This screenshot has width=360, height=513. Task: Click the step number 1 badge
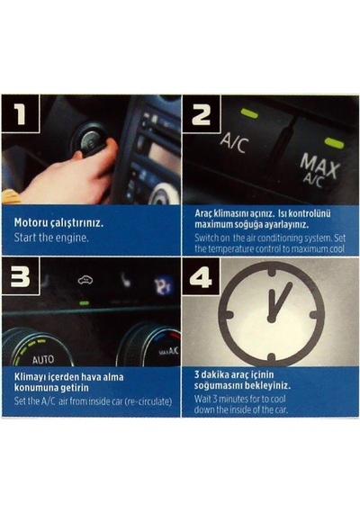(x=21, y=113)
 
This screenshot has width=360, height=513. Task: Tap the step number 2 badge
(x=202, y=113)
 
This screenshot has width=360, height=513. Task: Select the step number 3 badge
(x=21, y=276)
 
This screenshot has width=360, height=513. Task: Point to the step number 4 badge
(x=202, y=276)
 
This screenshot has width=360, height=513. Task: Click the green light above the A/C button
(x=249, y=113)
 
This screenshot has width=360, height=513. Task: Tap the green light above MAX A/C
(x=334, y=143)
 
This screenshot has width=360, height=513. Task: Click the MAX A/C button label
(x=318, y=171)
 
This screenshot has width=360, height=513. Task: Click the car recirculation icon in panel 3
(x=85, y=280)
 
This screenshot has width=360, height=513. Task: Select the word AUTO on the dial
(x=43, y=360)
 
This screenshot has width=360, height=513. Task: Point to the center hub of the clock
(x=271, y=319)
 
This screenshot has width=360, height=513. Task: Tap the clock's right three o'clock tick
(x=316, y=315)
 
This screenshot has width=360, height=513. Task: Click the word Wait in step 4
(x=202, y=399)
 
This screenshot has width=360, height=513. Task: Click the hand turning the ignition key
(x=66, y=174)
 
